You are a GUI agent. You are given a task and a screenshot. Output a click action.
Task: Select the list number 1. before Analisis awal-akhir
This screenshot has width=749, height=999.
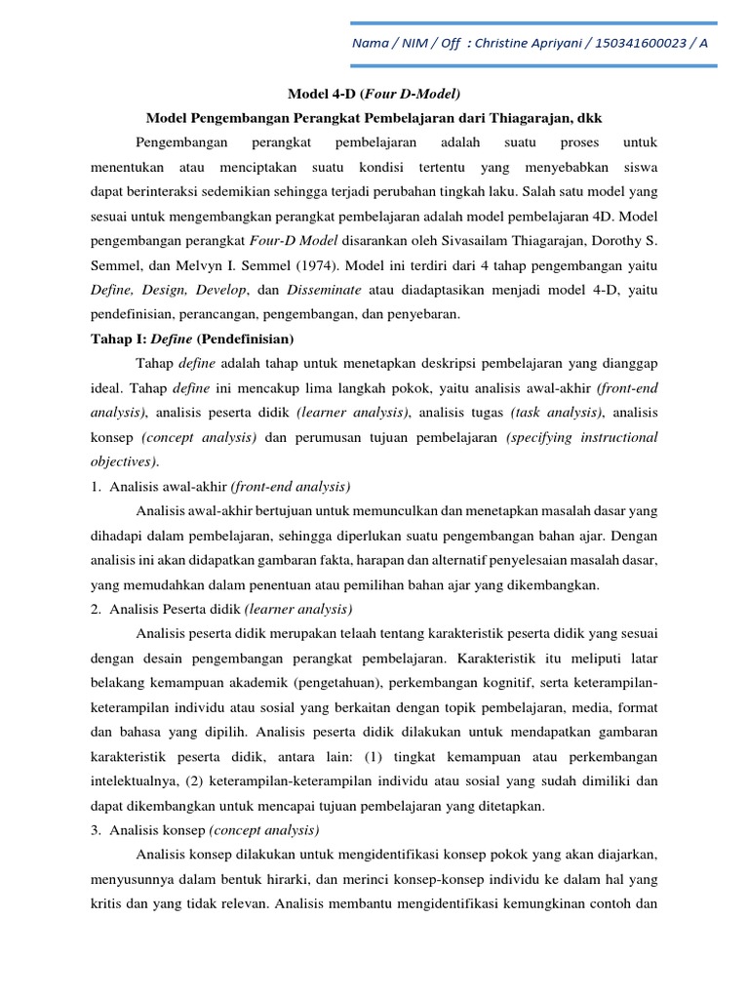coord(100,486)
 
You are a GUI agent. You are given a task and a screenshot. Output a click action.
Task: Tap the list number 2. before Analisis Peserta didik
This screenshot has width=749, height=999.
coord(100,609)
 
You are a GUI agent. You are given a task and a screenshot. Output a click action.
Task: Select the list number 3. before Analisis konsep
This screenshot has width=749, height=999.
coord(100,830)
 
